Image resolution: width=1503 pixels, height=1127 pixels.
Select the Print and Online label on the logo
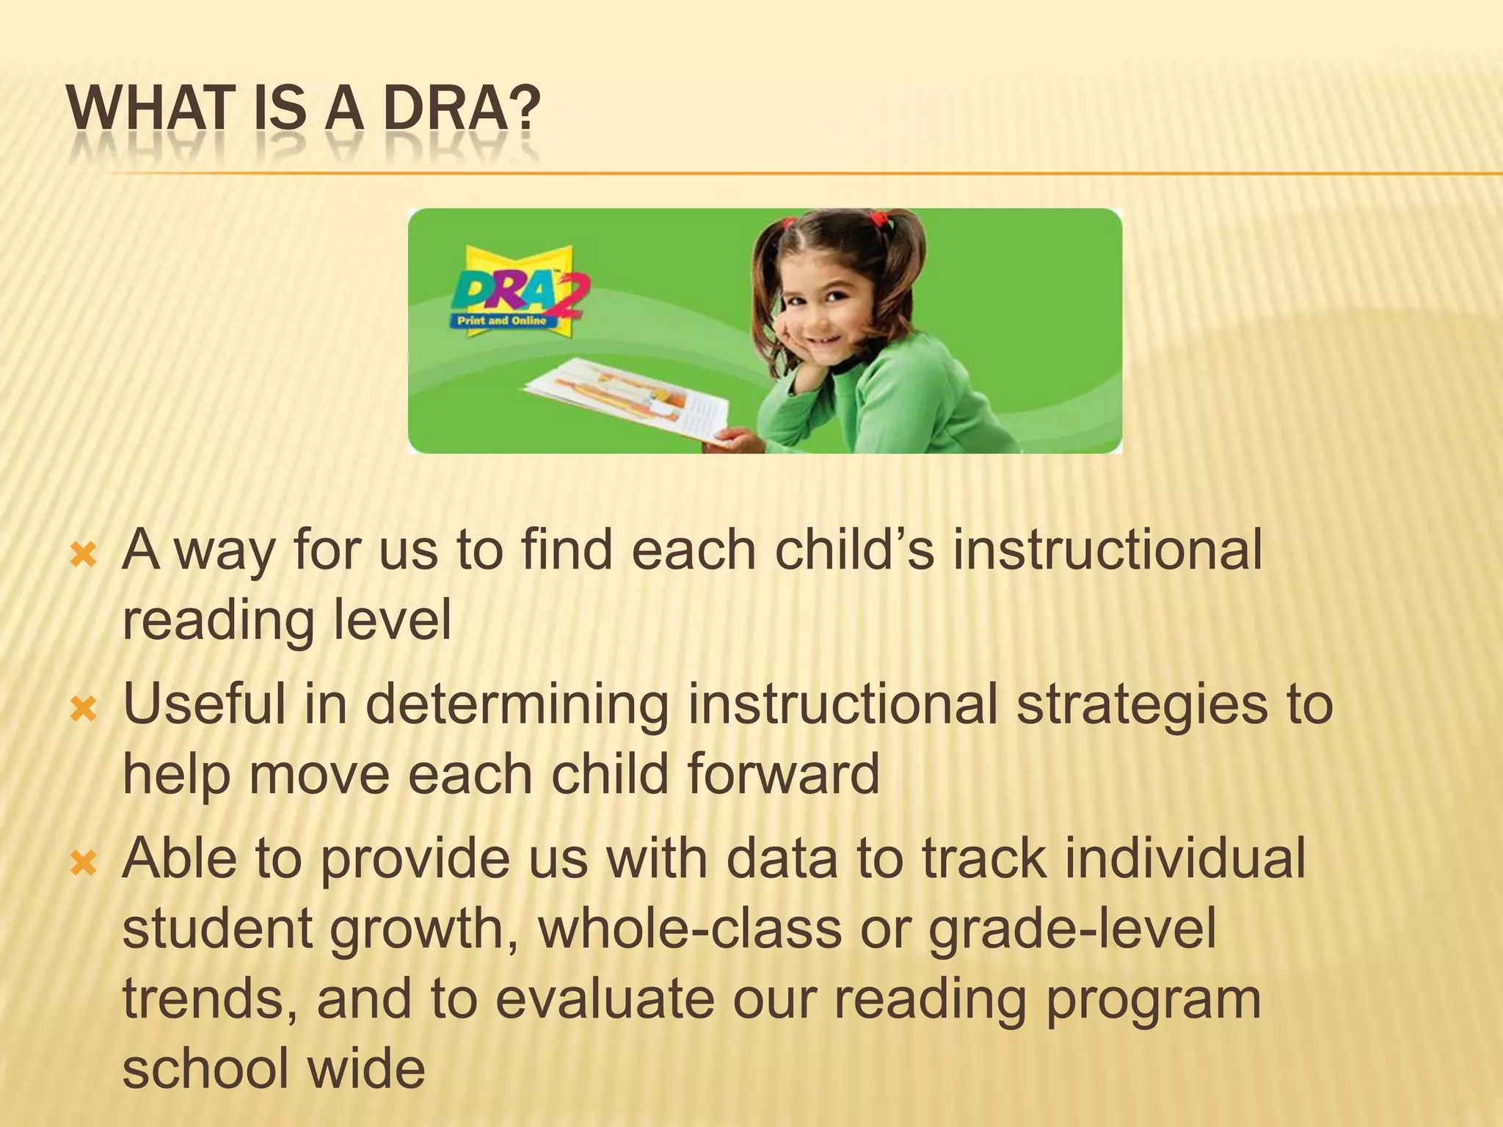click(502, 321)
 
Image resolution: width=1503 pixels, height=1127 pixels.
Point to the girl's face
click(826, 312)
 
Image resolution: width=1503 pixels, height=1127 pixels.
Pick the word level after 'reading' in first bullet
click(393, 621)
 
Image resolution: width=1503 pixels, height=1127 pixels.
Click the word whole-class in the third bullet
click(690, 928)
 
